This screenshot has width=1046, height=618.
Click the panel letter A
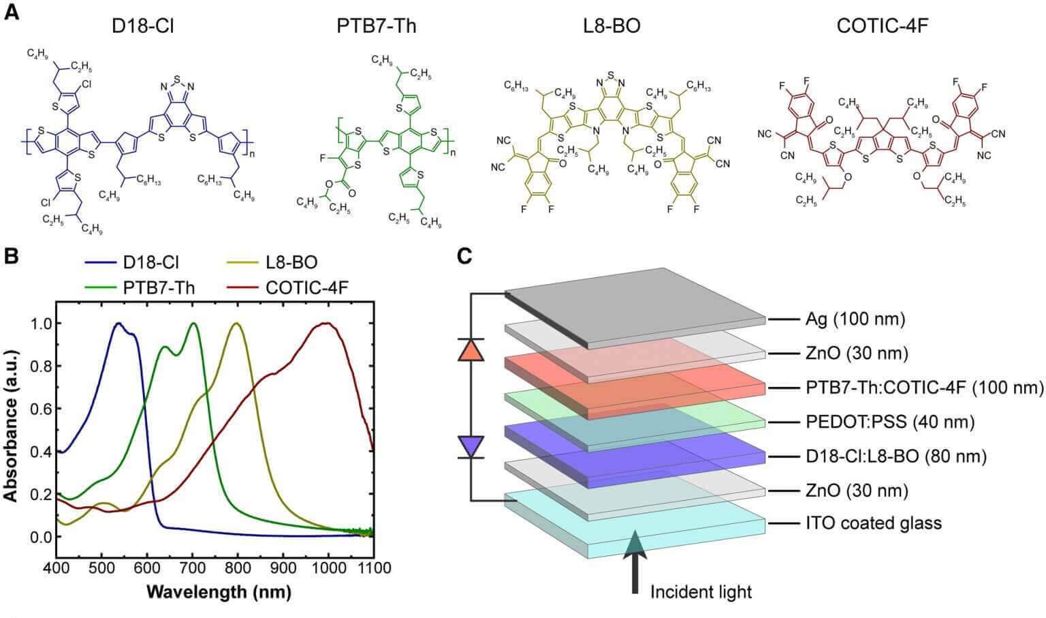[x=12, y=13]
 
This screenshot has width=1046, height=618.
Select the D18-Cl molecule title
[x=148, y=26]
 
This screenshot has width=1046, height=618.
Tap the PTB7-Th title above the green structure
[x=377, y=26]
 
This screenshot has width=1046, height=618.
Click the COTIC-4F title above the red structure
[x=883, y=26]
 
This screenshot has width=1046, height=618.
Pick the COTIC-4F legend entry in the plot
[x=306, y=287]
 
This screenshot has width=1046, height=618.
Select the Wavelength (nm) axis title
[x=218, y=591]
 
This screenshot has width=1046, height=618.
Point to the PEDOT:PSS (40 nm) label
[x=889, y=422]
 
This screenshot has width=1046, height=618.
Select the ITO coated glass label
[x=874, y=523]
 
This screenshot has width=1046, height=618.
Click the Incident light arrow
[x=635, y=559]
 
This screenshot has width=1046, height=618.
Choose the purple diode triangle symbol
[x=471, y=446]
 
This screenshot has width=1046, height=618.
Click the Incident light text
[x=701, y=591]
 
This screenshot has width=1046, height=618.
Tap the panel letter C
[x=464, y=256]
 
